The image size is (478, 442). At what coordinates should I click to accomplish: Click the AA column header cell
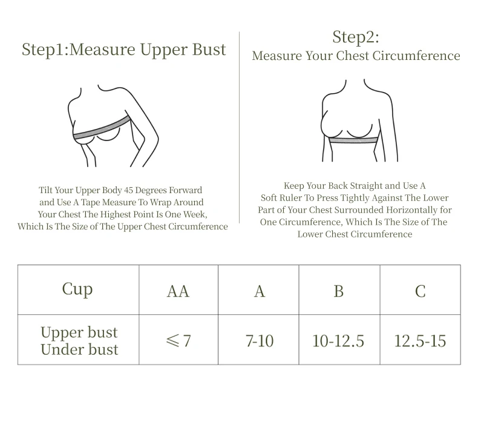pyautogui.click(x=178, y=290)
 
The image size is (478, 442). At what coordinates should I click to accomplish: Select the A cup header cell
pyautogui.click(x=258, y=290)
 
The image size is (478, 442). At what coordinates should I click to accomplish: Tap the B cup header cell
pyautogui.click(x=339, y=290)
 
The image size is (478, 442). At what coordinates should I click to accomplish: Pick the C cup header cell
pyautogui.click(x=421, y=290)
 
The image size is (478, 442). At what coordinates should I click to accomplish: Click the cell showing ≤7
pyautogui.click(x=178, y=340)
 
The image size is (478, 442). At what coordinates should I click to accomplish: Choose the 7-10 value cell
pyautogui.click(x=258, y=340)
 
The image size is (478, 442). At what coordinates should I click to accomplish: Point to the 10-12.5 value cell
pyautogui.click(x=339, y=340)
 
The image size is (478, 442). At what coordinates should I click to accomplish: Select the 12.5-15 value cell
pyautogui.click(x=421, y=340)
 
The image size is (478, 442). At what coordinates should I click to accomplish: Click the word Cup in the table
pyautogui.click(x=77, y=289)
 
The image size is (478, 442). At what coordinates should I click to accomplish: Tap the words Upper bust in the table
pyautogui.click(x=79, y=333)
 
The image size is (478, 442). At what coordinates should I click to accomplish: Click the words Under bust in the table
pyautogui.click(x=79, y=349)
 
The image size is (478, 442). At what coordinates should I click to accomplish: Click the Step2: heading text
pyautogui.click(x=355, y=38)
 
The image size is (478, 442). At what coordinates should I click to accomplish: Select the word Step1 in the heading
pyautogui.click(x=44, y=50)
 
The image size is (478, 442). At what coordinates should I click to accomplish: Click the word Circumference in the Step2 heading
pyautogui.click(x=416, y=56)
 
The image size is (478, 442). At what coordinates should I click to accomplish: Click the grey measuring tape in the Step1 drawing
pyautogui.click(x=102, y=128)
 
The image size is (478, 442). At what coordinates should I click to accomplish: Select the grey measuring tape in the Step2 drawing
pyautogui.click(x=353, y=140)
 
